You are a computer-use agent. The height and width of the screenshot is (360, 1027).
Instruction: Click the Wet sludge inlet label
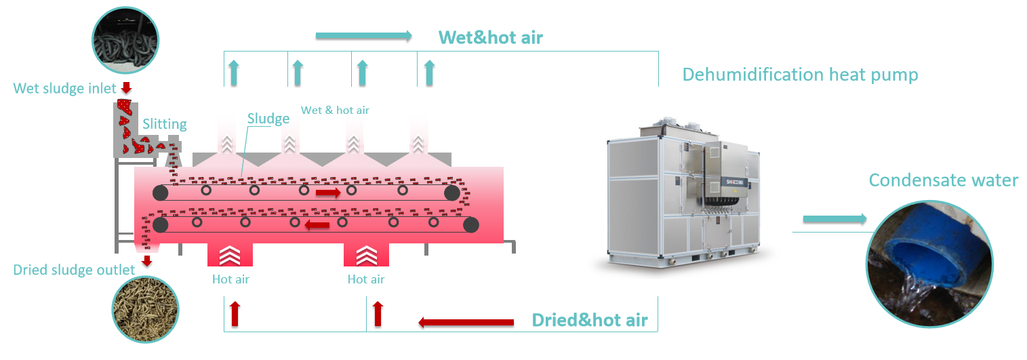[65, 87]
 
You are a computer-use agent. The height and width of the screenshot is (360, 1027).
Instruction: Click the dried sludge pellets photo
[144, 308]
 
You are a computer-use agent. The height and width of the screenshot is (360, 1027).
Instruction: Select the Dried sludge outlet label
[74, 271]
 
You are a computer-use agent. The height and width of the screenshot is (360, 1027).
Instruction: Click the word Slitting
[164, 124]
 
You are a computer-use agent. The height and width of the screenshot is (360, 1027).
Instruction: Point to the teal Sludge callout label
[268, 119]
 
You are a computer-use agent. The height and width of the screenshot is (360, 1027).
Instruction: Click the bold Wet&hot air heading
[490, 37]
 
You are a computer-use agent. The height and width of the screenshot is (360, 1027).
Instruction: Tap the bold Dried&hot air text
[589, 320]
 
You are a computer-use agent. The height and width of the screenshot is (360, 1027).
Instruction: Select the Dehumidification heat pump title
[800, 75]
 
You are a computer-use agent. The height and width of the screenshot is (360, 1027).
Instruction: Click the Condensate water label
[943, 180]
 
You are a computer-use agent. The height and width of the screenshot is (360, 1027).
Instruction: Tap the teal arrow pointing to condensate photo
[834, 218]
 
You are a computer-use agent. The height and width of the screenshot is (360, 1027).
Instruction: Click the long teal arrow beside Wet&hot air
[364, 36]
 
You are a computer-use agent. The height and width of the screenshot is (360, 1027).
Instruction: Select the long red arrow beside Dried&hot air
[466, 321]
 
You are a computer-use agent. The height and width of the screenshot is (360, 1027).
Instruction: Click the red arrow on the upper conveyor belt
[328, 193]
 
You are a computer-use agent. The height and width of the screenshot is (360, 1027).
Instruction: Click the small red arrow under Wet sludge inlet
[127, 88]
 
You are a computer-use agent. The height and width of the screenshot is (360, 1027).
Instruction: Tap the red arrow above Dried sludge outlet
[146, 261]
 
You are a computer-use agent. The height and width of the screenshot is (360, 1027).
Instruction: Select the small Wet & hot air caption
[336, 110]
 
